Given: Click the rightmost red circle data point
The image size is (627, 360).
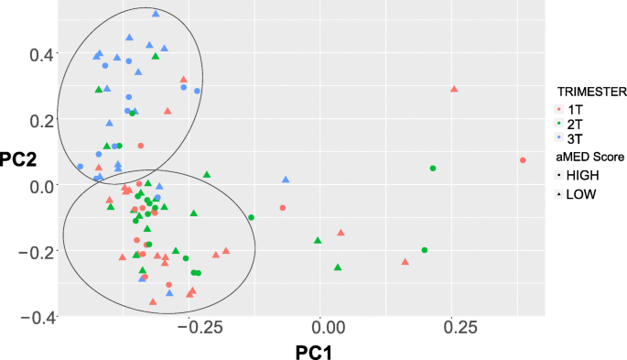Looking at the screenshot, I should pos(523,160).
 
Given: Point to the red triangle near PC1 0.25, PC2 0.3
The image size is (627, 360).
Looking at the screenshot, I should pos(454,89).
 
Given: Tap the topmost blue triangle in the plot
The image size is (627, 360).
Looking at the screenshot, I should pos(156,14).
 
